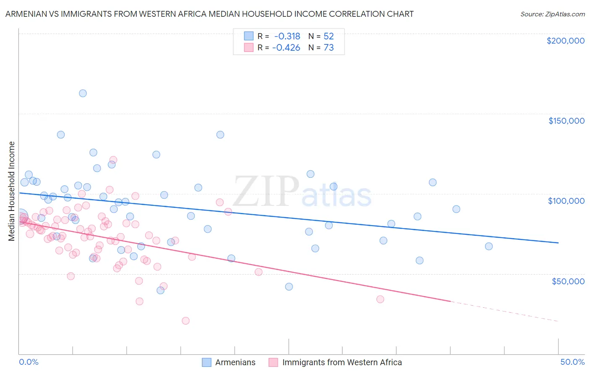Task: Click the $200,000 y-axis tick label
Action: (x=565, y=41)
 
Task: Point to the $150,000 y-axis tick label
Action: (x=566, y=121)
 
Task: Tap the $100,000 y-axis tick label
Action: (x=566, y=201)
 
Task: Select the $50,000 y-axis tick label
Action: (x=568, y=281)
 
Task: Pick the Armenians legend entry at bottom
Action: (x=229, y=362)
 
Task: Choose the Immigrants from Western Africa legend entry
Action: (x=335, y=362)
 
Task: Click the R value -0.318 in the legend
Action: (x=287, y=36)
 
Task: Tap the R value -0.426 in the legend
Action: (x=286, y=48)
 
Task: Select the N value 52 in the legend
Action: (x=329, y=36)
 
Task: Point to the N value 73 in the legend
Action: (x=329, y=48)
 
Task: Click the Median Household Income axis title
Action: (x=12, y=191)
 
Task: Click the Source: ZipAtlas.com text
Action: (x=552, y=14)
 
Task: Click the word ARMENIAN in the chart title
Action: (x=26, y=14)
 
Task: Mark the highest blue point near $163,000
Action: (x=83, y=93)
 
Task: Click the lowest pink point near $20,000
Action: (x=185, y=321)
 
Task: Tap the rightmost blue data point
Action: (x=488, y=246)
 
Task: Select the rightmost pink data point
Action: (x=380, y=299)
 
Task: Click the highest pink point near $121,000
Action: (x=113, y=160)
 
